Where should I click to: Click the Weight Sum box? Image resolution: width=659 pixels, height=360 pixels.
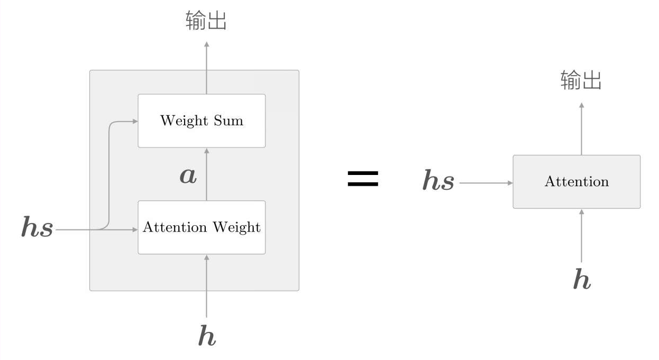coord(202,121)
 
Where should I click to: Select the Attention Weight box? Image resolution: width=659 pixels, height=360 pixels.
coord(202,227)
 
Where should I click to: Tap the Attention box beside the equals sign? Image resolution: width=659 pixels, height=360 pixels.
coord(576,181)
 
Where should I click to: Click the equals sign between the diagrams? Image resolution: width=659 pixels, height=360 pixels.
coord(363,179)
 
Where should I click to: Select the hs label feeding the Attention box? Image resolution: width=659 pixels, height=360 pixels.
coord(438,181)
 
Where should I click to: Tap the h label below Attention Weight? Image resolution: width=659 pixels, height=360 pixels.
coord(207,336)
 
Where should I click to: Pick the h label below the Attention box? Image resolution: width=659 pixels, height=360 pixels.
coord(582,279)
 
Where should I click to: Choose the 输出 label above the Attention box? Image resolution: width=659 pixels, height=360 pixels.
coord(581,81)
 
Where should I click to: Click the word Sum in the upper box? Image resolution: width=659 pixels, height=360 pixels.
coord(228,121)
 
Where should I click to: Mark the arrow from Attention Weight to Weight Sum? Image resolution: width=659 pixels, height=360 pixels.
coord(207,174)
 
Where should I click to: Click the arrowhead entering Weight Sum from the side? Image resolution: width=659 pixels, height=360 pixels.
coord(135,121)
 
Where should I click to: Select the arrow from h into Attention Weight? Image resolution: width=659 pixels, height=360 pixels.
coord(207,285)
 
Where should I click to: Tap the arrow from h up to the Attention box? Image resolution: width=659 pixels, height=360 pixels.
coord(582,235)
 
